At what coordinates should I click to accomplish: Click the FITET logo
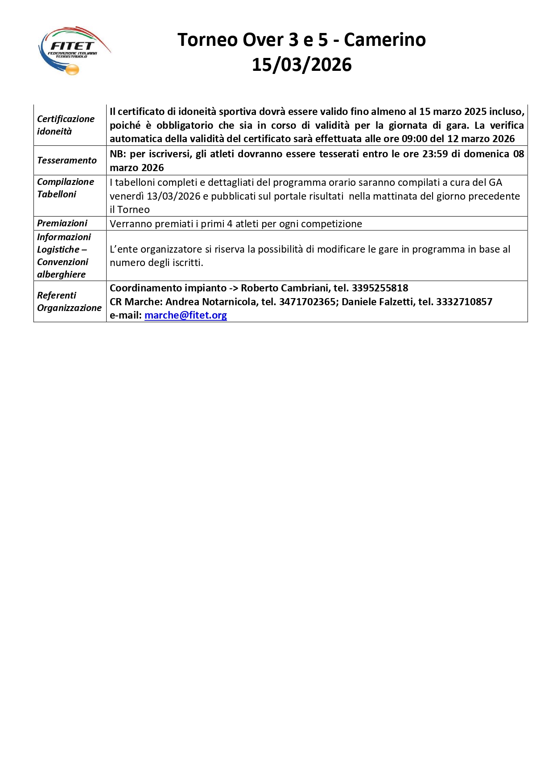(x=74, y=50)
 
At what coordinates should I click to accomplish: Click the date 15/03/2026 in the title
(x=301, y=65)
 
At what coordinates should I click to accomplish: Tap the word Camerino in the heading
(x=384, y=40)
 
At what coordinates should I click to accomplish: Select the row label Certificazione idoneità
(x=66, y=125)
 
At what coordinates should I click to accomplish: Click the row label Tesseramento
(x=67, y=160)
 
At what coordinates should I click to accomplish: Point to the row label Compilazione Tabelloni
(x=66, y=188)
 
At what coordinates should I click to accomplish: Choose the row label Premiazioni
(x=62, y=223)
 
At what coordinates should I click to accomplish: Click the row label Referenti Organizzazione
(x=69, y=302)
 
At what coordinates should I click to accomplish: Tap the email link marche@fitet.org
(x=186, y=315)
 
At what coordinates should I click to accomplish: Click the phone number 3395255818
(x=380, y=288)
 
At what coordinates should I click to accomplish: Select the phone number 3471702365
(x=307, y=302)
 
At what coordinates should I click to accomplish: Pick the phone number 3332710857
(x=464, y=302)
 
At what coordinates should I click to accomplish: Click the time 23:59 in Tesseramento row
(x=435, y=154)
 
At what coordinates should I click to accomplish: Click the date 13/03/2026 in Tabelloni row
(x=173, y=197)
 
